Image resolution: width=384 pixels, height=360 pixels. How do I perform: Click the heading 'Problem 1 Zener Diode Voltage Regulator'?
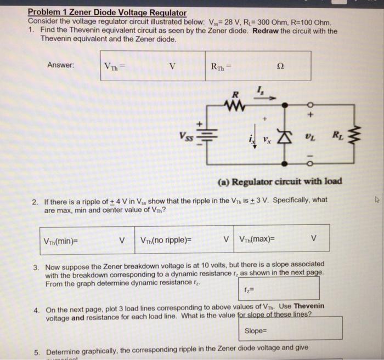107,12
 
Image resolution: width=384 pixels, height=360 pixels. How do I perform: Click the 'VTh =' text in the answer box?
115,66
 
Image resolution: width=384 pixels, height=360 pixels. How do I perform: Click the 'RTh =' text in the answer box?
222,66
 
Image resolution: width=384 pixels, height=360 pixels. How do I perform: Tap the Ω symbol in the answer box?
281,66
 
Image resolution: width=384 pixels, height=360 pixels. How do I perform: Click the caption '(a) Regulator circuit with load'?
280,181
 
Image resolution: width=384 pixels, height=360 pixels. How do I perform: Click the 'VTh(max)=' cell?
257,239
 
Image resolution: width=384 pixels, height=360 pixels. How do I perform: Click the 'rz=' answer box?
279,288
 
